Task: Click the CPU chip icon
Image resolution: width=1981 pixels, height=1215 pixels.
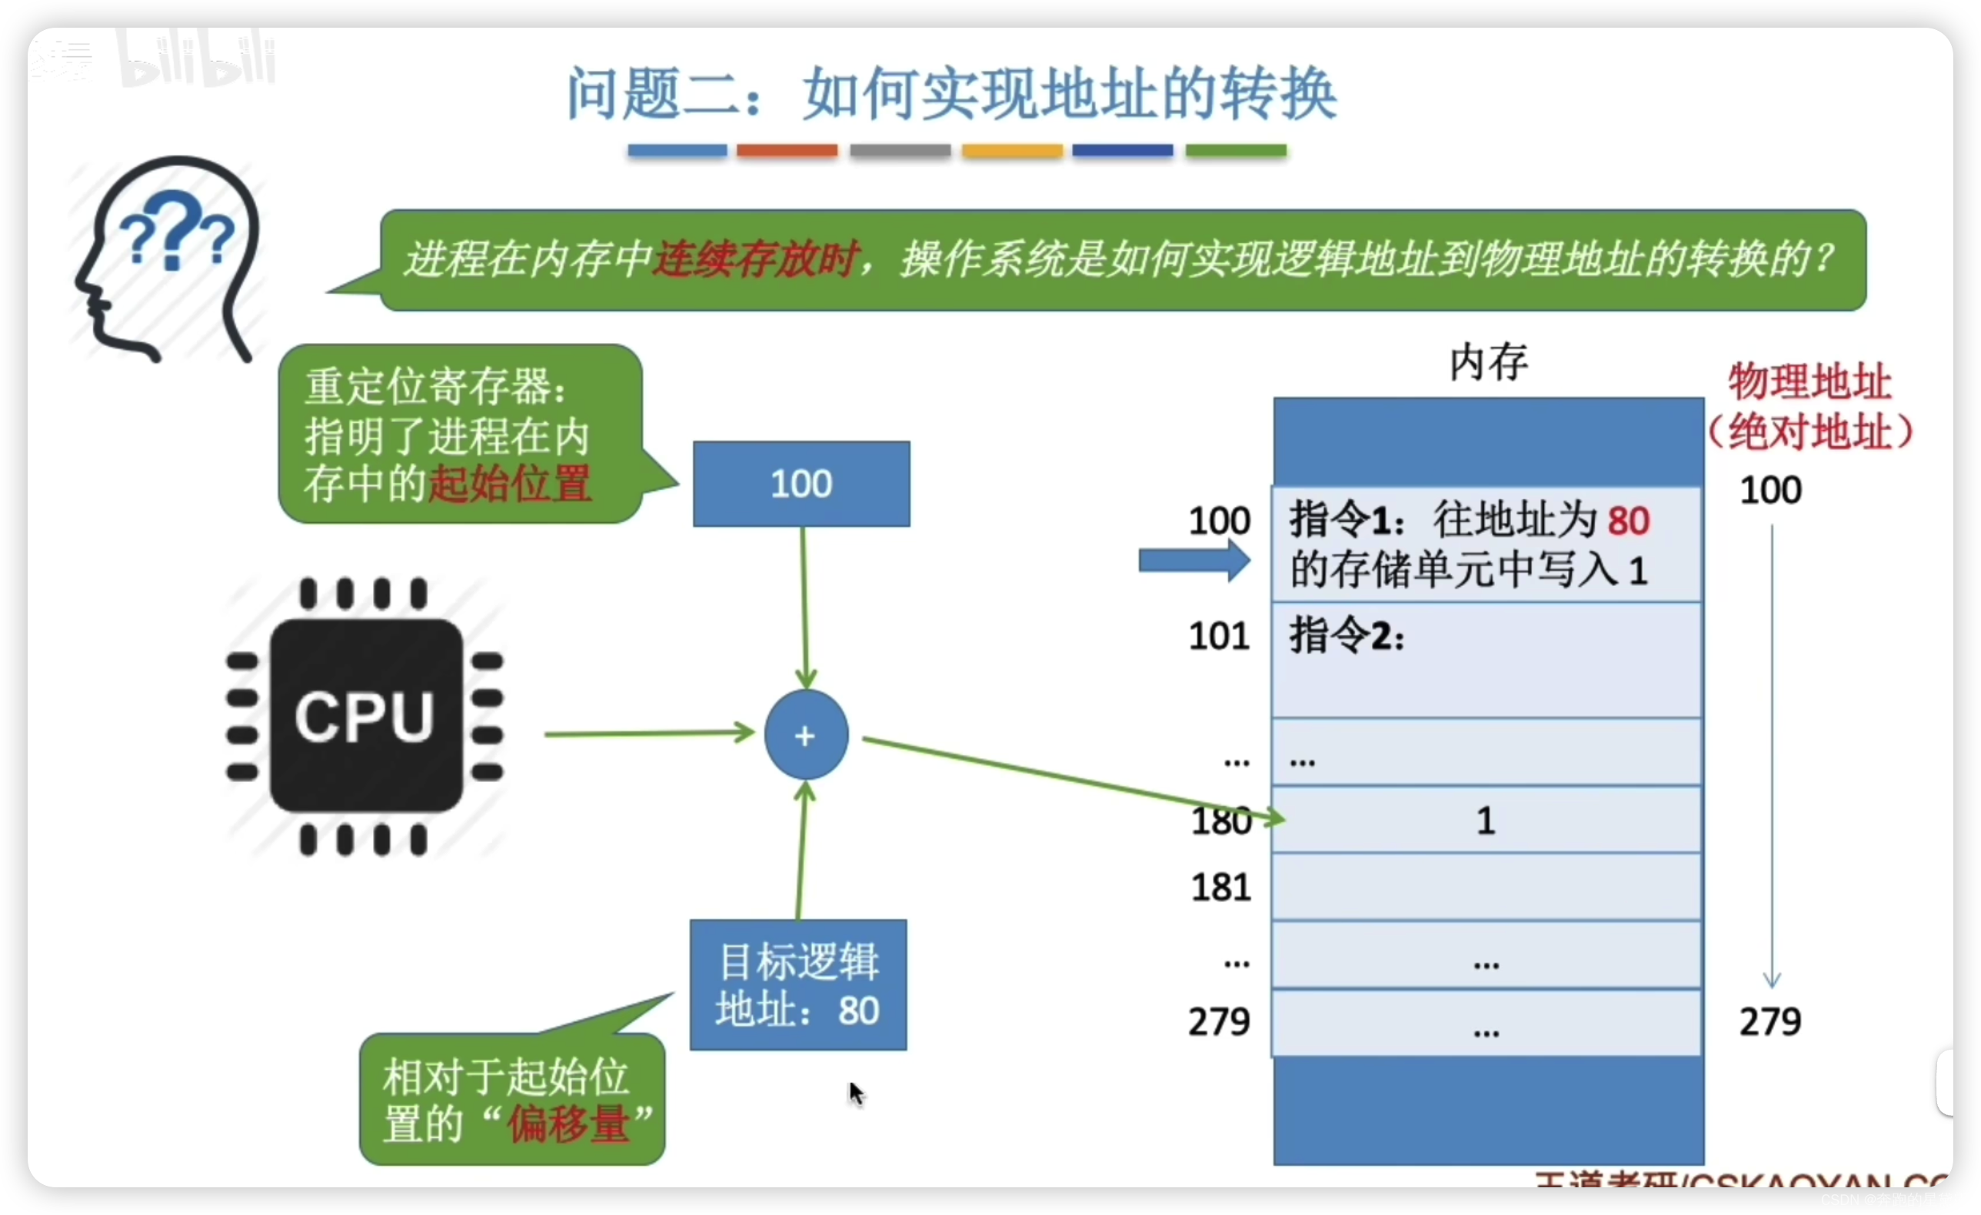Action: tap(366, 716)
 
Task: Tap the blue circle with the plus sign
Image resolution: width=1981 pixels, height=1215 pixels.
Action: tap(806, 735)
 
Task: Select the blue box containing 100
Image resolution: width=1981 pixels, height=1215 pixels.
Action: tap(801, 484)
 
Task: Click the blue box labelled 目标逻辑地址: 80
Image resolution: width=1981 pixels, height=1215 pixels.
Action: tap(798, 985)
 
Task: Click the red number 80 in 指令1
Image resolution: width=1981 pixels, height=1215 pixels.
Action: tap(1628, 521)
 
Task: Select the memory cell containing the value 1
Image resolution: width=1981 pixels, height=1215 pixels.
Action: tap(1486, 821)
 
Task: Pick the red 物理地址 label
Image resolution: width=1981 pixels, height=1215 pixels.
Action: tap(1810, 382)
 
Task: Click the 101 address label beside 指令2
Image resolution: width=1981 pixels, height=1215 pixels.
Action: tap(1219, 637)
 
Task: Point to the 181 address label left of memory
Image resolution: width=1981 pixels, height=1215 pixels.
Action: tap(1220, 887)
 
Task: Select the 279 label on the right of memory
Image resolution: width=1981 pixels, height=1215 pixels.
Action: tap(1770, 1022)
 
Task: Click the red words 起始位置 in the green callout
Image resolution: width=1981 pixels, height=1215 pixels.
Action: tap(510, 484)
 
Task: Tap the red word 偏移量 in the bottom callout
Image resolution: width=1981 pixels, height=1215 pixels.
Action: tap(568, 1123)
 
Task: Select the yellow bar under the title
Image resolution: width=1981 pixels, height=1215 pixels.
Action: tap(1012, 151)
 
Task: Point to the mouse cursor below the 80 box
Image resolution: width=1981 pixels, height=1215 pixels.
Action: tap(855, 1093)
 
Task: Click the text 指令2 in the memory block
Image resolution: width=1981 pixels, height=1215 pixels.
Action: tap(1346, 637)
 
